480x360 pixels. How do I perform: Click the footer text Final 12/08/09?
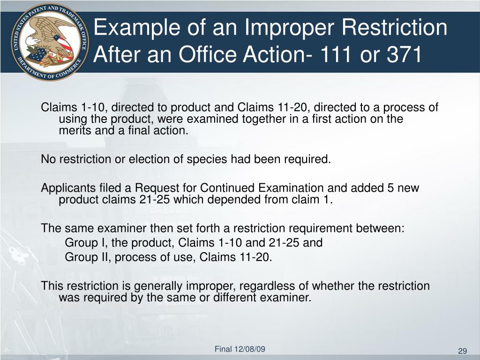coord(240,349)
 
